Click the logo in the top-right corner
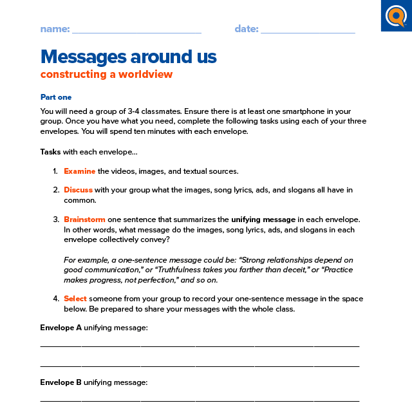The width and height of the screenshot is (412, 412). tap(396, 15)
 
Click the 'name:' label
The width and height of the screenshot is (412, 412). tap(55, 29)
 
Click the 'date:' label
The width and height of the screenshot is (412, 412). tap(247, 29)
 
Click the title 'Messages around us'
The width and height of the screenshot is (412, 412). tap(128, 57)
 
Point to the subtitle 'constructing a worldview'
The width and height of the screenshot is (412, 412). tap(106, 74)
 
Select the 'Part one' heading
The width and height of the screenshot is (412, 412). tap(56, 97)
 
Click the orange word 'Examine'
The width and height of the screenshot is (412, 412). tap(79, 171)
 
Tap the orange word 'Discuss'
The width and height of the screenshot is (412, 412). tap(78, 190)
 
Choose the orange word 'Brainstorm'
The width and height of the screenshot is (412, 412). tap(84, 220)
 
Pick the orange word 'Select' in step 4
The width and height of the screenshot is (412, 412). tap(75, 299)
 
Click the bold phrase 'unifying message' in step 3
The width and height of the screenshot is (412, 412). tap(263, 220)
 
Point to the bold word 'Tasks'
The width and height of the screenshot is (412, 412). tap(50, 153)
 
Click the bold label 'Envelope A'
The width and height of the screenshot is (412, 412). tap(61, 328)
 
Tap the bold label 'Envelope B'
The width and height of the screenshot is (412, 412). tap(61, 382)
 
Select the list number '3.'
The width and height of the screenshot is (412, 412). tap(55, 220)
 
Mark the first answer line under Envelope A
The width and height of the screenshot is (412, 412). tap(200, 346)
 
